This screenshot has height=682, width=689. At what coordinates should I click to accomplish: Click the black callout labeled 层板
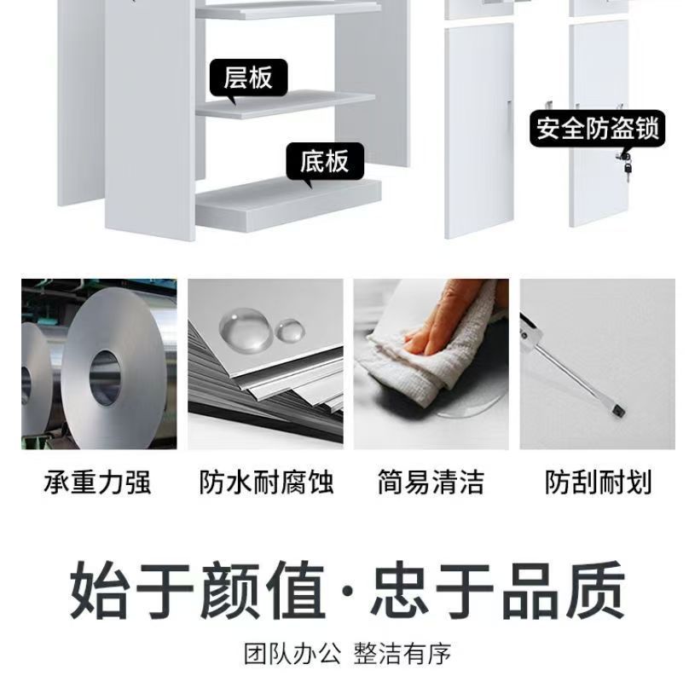pyautogui.click(x=248, y=79)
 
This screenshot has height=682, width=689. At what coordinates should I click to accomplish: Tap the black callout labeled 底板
pyautogui.click(x=325, y=162)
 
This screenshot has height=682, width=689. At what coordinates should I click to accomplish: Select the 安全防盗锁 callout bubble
pyautogui.click(x=597, y=129)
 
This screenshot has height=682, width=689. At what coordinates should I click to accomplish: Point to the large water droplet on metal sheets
pyautogui.click(x=246, y=330)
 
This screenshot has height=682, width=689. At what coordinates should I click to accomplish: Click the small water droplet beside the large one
pyautogui.click(x=290, y=331)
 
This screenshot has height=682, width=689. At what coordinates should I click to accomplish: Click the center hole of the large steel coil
pyautogui.click(x=105, y=377)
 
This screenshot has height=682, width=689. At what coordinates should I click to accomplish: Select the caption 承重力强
pyautogui.click(x=97, y=482)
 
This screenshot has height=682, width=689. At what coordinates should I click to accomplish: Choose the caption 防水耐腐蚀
pyautogui.click(x=266, y=482)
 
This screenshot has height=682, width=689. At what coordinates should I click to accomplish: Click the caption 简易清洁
pyautogui.click(x=431, y=482)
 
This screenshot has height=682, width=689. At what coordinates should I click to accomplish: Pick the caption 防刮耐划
pyautogui.click(x=598, y=482)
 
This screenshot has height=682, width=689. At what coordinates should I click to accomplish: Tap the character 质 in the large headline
pyautogui.click(x=595, y=590)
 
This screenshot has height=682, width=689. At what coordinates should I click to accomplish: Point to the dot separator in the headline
pyautogui.click(x=348, y=591)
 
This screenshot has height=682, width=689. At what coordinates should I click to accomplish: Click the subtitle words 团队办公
pyautogui.click(x=292, y=653)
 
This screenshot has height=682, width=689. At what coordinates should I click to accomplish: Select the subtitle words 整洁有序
pyautogui.click(x=402, y=653)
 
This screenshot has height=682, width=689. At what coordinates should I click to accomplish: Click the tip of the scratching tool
pyautogui.click(x=620, y=412)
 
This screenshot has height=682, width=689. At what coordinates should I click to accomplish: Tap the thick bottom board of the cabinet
pyautogui.click(x=288, y=205)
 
